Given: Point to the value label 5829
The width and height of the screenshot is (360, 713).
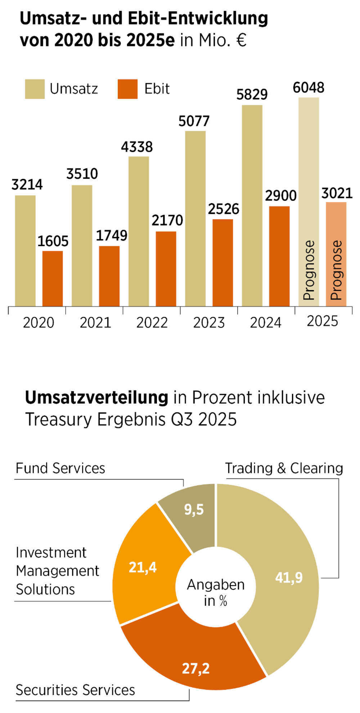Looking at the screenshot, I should [x=252, y=95].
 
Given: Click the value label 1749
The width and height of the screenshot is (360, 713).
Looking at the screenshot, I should [x=112, y=236].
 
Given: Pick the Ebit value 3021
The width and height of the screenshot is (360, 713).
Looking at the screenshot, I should [x=337, y=194].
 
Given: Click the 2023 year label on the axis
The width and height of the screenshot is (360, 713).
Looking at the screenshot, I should [x=209, y=322].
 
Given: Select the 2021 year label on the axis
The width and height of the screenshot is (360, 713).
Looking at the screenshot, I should [x=95, y=322].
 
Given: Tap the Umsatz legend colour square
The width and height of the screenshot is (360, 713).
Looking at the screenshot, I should [x=35, y=89].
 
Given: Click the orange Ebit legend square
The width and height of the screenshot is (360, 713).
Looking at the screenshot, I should [x=127, y=89].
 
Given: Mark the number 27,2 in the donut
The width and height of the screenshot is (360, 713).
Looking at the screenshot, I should [x=195, y=668].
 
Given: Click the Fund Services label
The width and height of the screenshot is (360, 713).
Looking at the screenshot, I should [x=60, y=468].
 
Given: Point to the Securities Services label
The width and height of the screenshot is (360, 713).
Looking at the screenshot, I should [x=75, y=690].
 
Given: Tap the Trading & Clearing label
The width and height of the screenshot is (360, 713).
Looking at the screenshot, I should [x=284, y=468].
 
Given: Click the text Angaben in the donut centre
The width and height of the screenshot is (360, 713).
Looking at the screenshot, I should [x=216, y=585].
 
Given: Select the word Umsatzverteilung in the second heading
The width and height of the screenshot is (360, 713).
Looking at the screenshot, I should [x=96, y=398].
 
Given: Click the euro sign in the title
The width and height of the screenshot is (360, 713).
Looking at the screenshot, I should [x=241, y=40].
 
